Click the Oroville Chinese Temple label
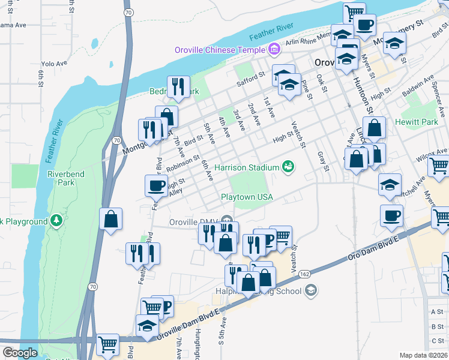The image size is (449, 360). click(220, 49)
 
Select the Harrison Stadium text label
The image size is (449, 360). click(247, 167)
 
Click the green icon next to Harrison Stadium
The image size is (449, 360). click(289, 167)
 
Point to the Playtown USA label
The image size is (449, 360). click(247, 197)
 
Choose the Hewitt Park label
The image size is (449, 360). click(417, 122)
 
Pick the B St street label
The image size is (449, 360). click(437, 326)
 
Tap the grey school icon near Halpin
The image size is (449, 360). click(310, 291)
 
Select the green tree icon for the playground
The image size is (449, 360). click(56, 221)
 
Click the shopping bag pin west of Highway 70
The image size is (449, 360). click(110, 219)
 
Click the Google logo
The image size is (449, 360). click(20, 353)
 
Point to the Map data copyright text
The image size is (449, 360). click(423, 355)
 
